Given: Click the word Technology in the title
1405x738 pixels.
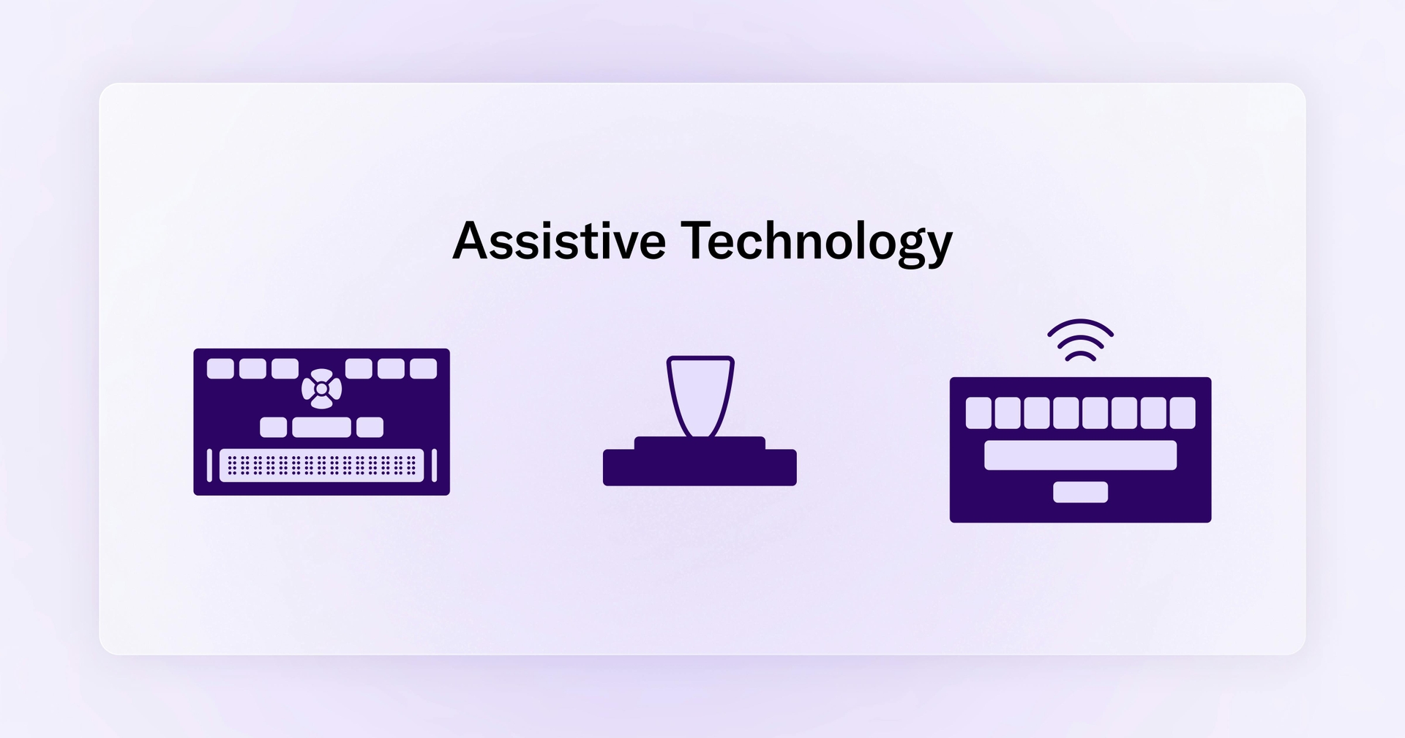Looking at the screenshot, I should coord(817,242).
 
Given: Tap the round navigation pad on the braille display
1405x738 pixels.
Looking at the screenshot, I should coord(321,389).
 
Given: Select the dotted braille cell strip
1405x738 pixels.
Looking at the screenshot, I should coord(321,466).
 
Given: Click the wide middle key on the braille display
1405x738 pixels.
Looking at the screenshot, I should coord(321,427).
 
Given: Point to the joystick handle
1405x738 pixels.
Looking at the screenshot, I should coord(700,395).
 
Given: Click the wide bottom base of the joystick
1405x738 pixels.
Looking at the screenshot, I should coord(700,468).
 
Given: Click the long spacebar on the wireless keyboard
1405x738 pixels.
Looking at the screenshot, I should coord(1080,455).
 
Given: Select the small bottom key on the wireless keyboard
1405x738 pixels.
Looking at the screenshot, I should coord(1080,492).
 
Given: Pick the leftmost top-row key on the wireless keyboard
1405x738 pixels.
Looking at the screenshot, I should coord(978,413).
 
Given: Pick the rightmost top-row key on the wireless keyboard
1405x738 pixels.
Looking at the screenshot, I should coord(1182,413).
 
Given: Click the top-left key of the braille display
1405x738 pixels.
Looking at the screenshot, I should coord(220,368).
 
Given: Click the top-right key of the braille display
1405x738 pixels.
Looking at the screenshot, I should coord(423,368).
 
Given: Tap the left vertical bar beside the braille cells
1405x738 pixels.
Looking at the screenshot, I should coord(209,466).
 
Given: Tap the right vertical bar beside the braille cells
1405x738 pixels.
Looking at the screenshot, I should coord(434,466).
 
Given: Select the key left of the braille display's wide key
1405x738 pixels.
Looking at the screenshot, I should coord(274,427).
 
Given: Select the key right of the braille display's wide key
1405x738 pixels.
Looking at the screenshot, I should coord(370,427).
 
